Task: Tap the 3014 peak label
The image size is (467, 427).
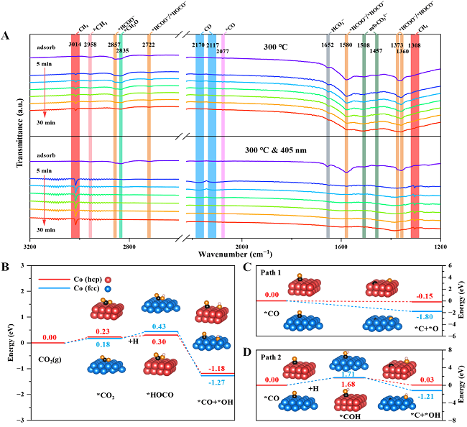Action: tap(75, 45)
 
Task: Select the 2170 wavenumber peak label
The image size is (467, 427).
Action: tap(198, 45)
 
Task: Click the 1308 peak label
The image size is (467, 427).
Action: tap(415, 45)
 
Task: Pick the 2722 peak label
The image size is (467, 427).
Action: tap(149, 45)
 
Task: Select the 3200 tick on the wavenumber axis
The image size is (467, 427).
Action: tap(29, 246)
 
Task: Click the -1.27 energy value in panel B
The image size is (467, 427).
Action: tap(216, 382)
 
